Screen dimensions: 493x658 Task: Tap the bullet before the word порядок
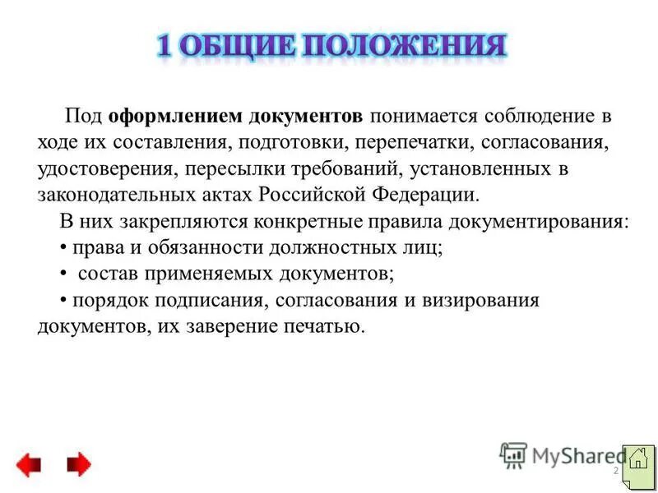64,300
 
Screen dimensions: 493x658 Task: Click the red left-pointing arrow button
29,466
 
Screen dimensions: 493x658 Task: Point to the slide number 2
615,471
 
